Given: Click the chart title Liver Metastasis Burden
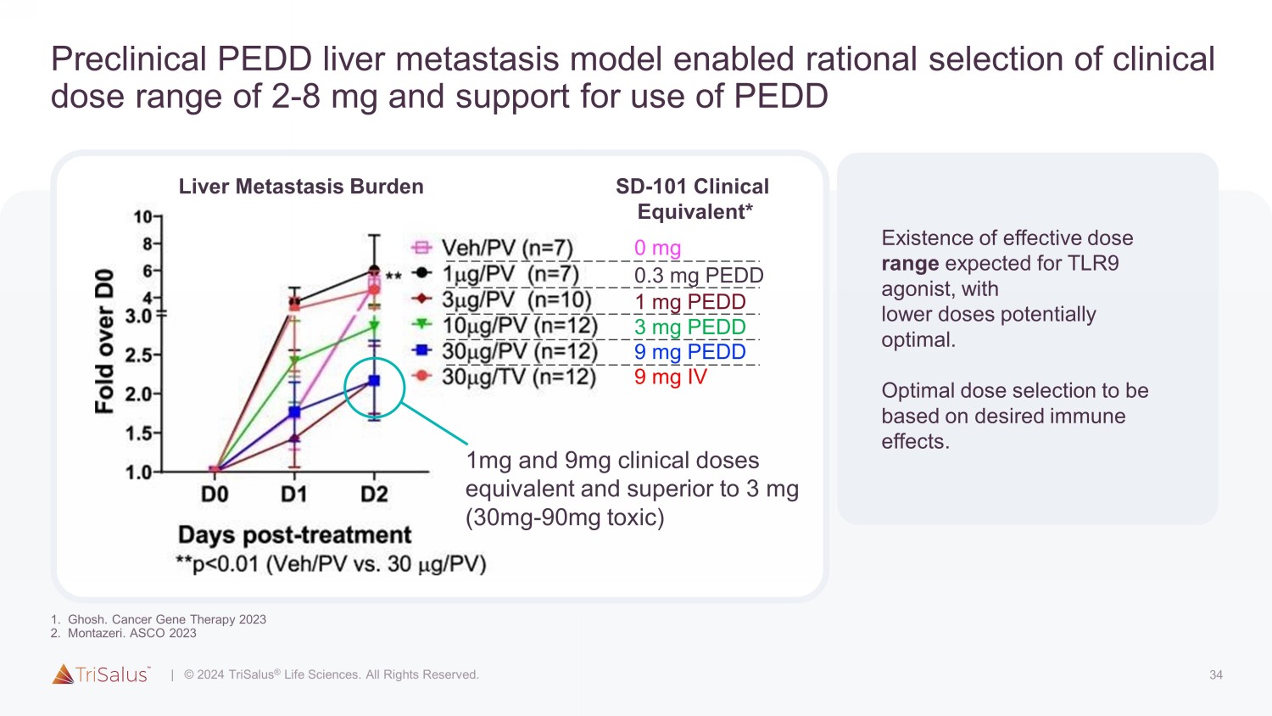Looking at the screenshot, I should point(301,187).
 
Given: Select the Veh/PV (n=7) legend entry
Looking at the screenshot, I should point(507,248).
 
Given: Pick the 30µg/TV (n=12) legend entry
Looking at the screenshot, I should point(518,377).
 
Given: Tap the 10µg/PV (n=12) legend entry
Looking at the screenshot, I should point(519,326).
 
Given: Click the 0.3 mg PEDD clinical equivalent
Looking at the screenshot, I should point(699,276).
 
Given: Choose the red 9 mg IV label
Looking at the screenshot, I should point(670,377).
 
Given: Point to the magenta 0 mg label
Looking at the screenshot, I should point(657,248).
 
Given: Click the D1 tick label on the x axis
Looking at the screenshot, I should point(294,494).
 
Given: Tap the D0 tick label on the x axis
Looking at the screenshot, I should point(215,494).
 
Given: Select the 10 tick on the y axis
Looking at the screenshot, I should point(143,217).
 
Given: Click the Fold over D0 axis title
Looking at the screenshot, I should point(104,341).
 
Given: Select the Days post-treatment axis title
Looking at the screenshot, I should point(294,535).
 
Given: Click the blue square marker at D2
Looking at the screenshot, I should point(374,381).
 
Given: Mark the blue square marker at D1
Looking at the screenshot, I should point(294,412).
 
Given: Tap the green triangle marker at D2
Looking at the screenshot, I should point(374,326).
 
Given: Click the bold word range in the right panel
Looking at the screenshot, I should point(910,264).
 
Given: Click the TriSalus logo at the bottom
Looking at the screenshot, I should point(101,674).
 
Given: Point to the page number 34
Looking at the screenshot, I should point(1216,675).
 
